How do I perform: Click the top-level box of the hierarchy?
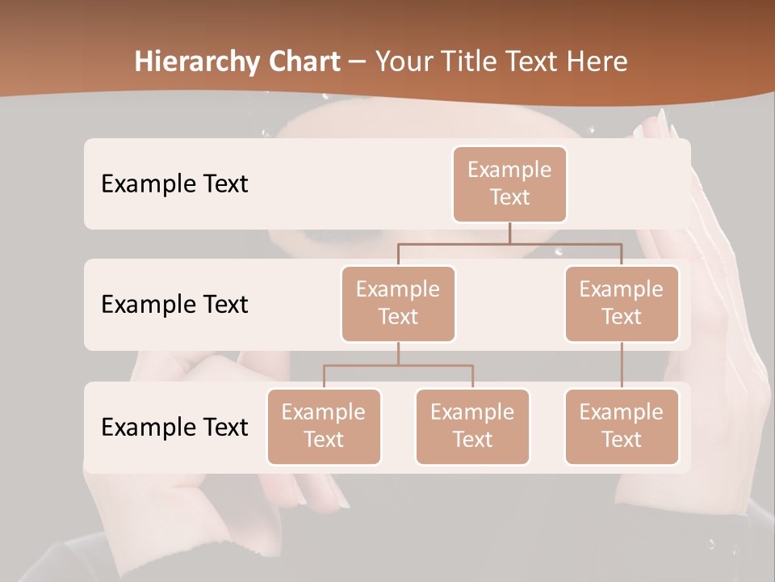pos(509,183)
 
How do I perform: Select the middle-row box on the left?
pos(398,303)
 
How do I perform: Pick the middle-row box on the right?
pos(622,303)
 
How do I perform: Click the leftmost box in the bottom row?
pos(324,426)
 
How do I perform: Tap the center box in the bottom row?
pos(472,426)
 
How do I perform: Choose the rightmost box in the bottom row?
pos(622,426)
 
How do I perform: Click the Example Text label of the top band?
pos(174,184)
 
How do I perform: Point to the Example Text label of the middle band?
pos(174,305)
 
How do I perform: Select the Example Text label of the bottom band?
pos(174,428)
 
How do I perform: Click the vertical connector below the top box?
pos(509,233)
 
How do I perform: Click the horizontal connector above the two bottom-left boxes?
pos(398,365)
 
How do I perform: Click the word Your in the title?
pos(402,62)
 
